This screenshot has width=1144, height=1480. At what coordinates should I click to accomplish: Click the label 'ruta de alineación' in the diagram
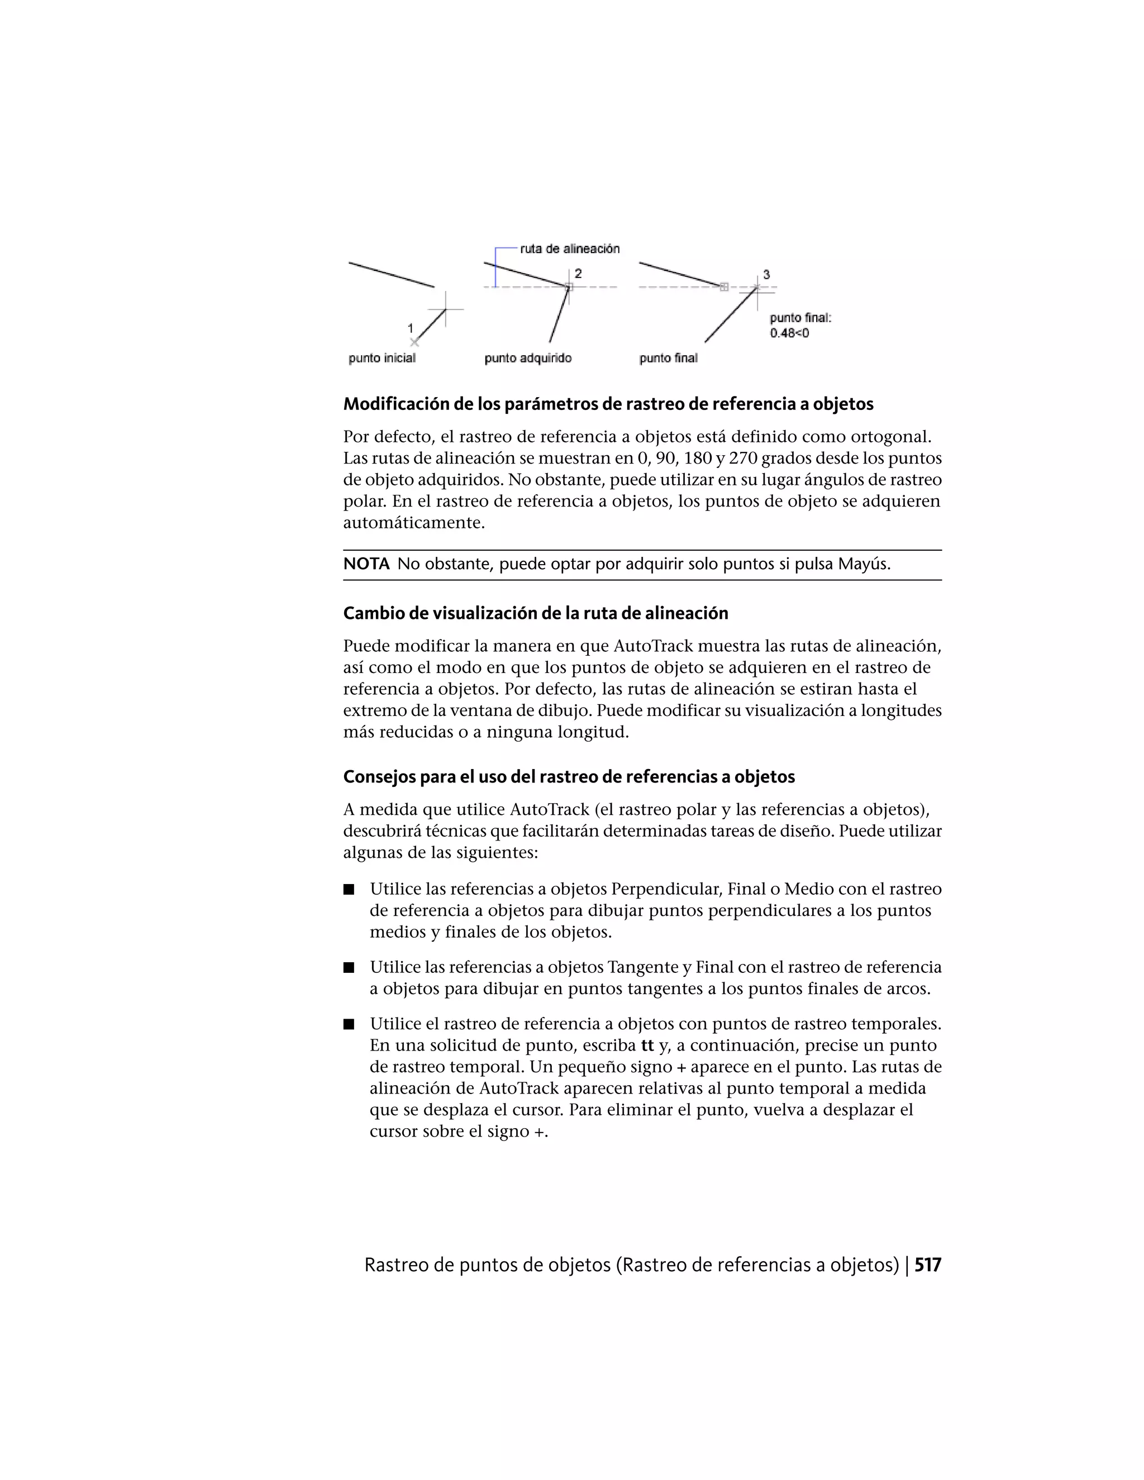point(569,249)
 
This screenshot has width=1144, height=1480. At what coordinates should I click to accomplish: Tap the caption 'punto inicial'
point(382,358)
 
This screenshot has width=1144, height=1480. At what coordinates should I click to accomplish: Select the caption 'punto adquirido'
point(528,358)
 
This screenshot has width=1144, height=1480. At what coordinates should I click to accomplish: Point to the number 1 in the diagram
point(410,328)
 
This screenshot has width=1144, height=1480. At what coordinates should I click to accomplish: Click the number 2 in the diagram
point(578,273)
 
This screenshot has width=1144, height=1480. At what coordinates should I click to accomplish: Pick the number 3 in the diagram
point(766,274)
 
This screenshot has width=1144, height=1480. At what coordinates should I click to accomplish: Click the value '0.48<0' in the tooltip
point(789,333)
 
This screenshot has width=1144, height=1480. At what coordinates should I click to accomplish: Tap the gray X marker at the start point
point(414,342)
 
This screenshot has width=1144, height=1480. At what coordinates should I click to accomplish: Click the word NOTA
point(366,564)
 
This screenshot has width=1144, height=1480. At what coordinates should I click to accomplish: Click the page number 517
point(928,1265)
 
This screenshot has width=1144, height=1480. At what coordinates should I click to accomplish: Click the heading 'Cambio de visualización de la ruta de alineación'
point(535,613)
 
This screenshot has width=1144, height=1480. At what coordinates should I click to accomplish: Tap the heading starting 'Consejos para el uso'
point(569,777)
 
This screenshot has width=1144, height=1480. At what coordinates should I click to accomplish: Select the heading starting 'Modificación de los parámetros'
point(608,404)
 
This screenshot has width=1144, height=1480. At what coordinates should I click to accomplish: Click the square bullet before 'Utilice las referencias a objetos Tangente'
point(349,968)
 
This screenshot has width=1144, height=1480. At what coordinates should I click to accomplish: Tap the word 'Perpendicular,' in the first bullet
point(651,889)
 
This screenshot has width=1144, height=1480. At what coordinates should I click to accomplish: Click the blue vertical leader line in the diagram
point(495,268)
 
